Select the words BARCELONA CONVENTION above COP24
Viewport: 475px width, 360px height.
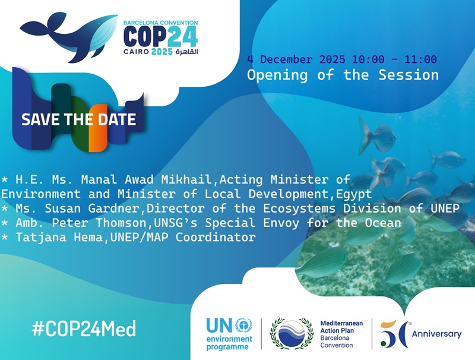[160, 23]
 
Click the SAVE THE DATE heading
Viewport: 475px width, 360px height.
[78, 119]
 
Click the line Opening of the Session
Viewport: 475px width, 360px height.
[343, 75]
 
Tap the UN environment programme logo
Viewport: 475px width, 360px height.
[229, 334]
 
